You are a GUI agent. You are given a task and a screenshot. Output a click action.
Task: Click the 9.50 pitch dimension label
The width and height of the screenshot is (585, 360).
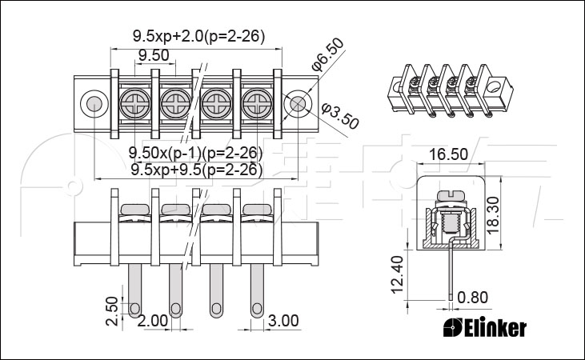click(x=154, y=55)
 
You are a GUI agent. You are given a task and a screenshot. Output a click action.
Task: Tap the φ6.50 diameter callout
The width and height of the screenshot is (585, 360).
click(x=328, y=54)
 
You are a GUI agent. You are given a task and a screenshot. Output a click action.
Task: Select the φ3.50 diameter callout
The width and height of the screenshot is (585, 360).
click(x=340, y=115)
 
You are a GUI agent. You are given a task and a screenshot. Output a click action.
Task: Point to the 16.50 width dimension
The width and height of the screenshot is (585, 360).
click(x=448, y=154)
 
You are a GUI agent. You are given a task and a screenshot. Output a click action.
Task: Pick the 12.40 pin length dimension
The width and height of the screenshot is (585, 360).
click(x=398, y=274)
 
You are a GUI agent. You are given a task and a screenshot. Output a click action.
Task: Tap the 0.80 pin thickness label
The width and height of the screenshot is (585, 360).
click(x=472, y=298)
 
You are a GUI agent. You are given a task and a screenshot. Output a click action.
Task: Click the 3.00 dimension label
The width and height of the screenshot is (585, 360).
click(x=283, y=321)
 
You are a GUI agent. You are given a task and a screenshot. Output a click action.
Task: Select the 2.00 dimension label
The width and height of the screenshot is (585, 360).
click(x=153, y=321)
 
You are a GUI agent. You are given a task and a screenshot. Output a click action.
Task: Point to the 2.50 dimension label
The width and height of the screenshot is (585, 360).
click(x=111, y=311)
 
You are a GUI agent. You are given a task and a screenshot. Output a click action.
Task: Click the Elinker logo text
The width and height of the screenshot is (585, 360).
click(x=486, y=328)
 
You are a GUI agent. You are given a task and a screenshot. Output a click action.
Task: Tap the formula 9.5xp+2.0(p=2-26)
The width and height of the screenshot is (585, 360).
click(x=198, y=36)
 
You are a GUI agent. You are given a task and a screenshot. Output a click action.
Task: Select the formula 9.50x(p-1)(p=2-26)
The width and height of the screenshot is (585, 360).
click(x=195, y=153)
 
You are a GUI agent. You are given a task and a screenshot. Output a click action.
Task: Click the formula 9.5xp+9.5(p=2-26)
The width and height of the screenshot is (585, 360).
click(x=197, y=170)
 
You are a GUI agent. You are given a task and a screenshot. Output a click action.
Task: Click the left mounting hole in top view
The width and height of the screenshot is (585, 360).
click(x=94, y=104)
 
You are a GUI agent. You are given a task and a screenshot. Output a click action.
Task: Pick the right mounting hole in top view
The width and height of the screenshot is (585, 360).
click(x=298, y=104)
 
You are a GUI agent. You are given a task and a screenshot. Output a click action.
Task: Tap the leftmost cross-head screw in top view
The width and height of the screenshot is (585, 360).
click(x=134, y=103)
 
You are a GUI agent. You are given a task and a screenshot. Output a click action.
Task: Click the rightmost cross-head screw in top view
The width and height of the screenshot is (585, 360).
click(x=257, y=103)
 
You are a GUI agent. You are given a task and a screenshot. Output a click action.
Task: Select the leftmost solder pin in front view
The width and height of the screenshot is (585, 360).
click(x=134, y=291)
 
